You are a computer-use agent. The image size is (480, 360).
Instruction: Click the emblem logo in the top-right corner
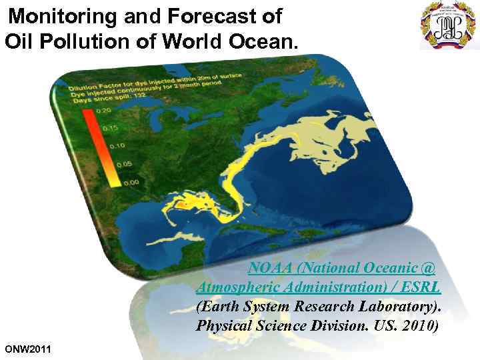click(447, 25)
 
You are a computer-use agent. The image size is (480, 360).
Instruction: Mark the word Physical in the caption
click(223, 327)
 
